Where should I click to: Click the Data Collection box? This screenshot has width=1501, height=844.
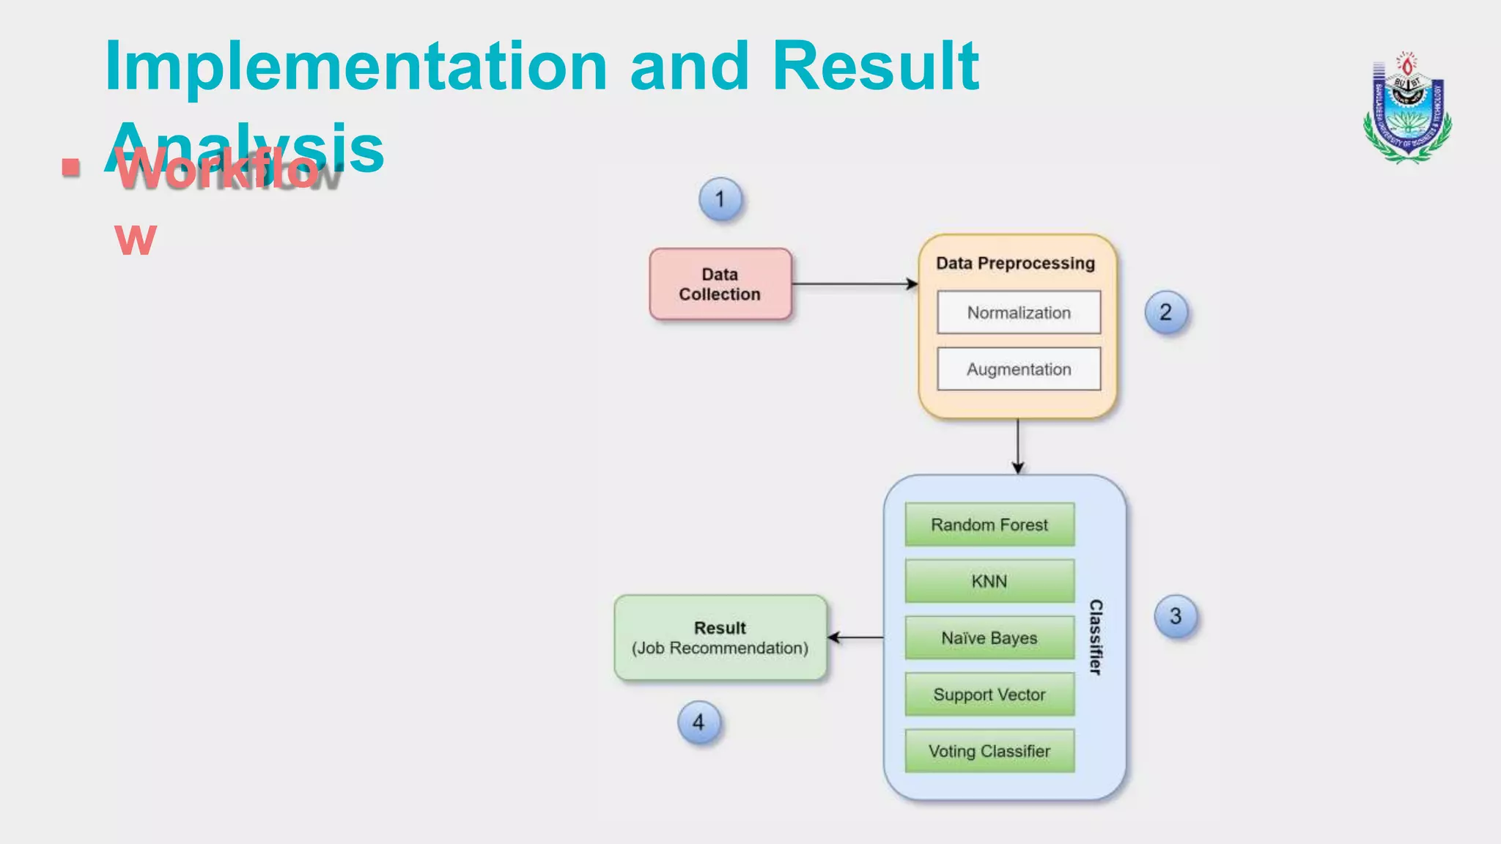coord(720,284)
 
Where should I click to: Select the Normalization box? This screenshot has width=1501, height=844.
coord(1018,313)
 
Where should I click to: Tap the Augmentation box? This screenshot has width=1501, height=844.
coord(1018,369)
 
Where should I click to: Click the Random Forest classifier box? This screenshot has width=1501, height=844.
coord(989,525)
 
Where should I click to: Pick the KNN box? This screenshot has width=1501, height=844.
coord(989,581)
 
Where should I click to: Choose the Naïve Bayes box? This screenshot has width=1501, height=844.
coord(989,638)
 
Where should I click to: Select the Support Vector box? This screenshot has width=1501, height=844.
coord(989,695)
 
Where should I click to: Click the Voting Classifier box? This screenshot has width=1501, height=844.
coord(989,751)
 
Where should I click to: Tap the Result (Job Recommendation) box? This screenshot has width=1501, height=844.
coord(720,638)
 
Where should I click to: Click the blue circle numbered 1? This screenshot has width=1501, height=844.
coord(720,199)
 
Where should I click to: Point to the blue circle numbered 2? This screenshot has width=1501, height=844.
coord(1165,313)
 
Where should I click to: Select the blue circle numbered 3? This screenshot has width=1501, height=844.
coord(1176,616)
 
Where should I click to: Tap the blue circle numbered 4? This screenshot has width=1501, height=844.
coord(698,722)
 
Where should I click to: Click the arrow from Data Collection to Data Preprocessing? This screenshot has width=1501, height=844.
coord(855,284)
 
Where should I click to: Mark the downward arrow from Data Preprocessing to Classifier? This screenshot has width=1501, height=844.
coord(1017,446)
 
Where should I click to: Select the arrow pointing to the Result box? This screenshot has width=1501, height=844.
coord(855,638)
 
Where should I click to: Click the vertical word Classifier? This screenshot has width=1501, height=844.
coord(1096,637)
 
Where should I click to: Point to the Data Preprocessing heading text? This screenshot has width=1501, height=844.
coord(1015,263)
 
